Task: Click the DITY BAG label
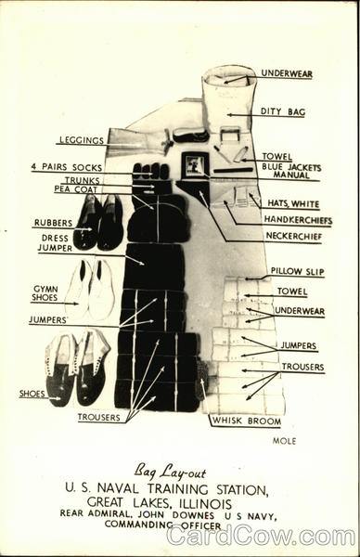click(283, 112)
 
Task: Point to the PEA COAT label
click(76, 188)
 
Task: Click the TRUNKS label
click(83, 179)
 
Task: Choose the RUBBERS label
click(53, 223)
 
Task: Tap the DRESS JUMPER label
click(55, 243)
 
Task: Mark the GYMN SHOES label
click(45, 292)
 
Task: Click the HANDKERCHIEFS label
click(297, 220)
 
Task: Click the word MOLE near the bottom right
click(283, 441)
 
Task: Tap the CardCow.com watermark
click(261, 536)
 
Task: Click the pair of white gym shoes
click(89, 290)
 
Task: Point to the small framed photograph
click(196, 165)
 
